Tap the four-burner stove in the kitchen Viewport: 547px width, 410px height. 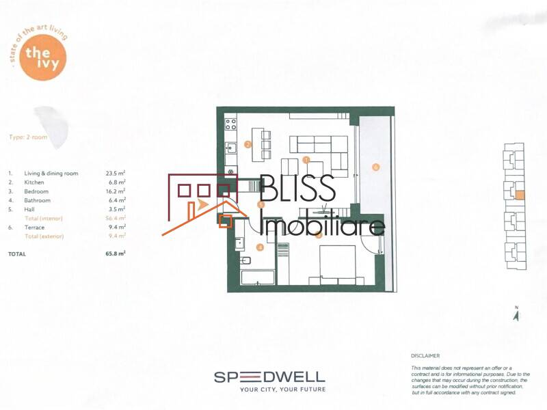[x=230, y=124]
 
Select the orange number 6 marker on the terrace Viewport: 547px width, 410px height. [x=375, y=167]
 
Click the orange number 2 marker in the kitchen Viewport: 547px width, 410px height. [x=248, y=144]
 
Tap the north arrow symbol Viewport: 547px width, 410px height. [x=517, y=315]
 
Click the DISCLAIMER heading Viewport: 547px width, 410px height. [x=425, y=356]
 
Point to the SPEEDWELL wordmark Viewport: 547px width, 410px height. [x=269, y=377]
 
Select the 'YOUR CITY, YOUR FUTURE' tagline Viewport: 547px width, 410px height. [x=282, y=389]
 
